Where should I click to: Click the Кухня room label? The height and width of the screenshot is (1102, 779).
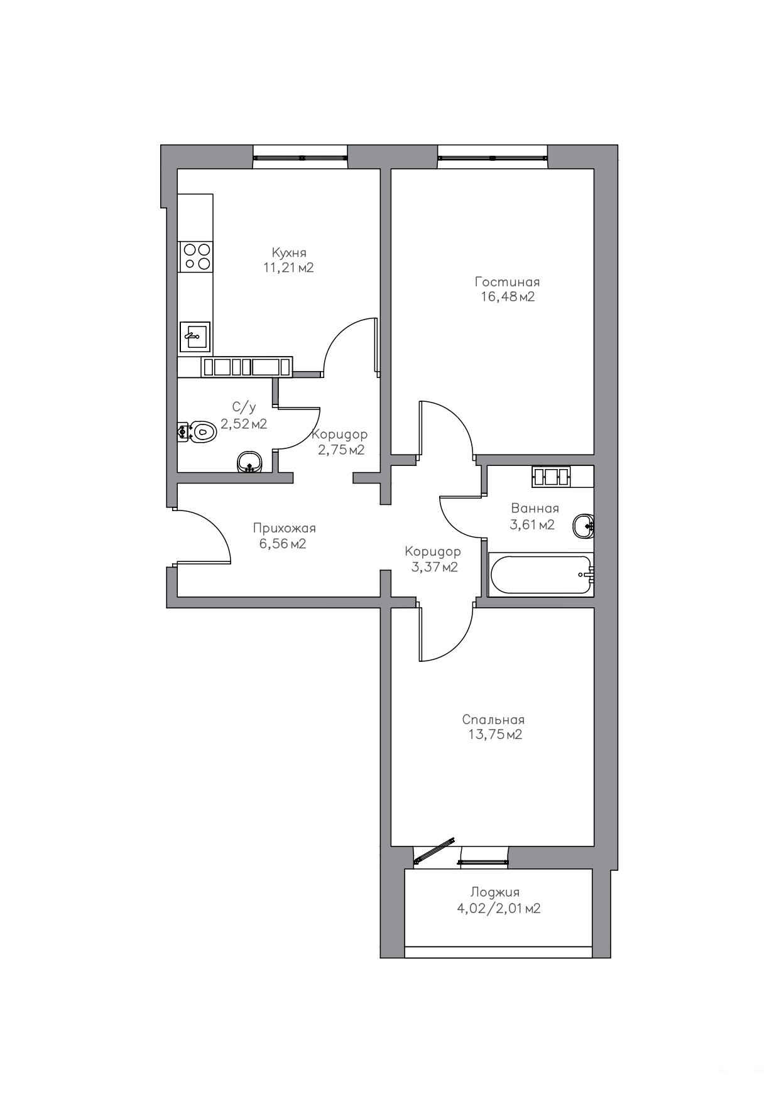(x=289, y=252)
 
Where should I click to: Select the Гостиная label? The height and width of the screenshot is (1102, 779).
(x=507, y=282)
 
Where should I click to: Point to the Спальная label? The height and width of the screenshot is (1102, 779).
(x=493, y=720)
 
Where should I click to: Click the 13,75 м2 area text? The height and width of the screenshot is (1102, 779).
(x=495, y=735)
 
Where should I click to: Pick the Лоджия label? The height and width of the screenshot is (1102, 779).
(x=495, y=892)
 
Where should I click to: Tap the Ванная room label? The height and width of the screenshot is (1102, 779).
(x=535, y=509)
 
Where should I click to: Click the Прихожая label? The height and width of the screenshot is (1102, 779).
(x=284, y=529)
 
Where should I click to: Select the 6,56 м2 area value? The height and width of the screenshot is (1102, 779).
(x=283, y=544)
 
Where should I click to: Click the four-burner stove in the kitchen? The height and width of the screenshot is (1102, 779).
(x=195, y=257)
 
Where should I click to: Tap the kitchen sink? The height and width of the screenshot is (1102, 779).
(x=195, y=337)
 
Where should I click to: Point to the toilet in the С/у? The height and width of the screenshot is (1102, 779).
(x=196, y=431)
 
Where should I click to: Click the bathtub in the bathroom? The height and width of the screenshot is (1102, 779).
(x=541, y=574)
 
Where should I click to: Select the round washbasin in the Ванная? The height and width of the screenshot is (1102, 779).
(x=584, y=525)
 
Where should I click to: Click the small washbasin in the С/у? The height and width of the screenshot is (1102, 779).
(x=249, y=462)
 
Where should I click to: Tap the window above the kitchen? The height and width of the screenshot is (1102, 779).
(x=300, y=157)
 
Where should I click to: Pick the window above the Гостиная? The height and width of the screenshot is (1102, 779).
(x=493, y=157)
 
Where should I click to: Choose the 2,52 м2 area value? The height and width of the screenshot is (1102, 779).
(x=243, y=424)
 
